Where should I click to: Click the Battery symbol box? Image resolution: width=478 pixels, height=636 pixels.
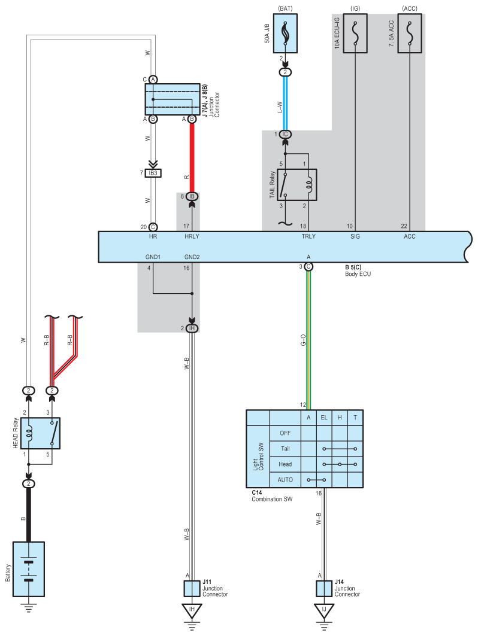28,569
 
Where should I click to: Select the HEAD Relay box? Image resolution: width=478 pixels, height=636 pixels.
40,433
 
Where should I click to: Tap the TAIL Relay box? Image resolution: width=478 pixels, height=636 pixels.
297,184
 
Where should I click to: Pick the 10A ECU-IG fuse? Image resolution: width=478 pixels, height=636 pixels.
355,34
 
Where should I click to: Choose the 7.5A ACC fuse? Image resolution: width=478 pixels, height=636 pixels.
410,34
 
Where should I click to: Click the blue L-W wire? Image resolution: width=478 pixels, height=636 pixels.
285,102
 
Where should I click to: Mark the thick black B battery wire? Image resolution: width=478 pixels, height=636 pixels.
28,515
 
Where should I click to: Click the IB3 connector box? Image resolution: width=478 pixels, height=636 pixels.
153,174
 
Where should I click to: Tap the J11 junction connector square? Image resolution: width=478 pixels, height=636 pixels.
192,589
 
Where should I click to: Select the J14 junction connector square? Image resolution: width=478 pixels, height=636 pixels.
323,589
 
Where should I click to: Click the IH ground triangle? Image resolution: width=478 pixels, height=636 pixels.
192,611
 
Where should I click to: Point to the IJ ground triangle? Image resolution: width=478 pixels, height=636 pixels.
323,611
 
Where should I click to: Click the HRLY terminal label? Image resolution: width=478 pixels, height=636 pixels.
192,236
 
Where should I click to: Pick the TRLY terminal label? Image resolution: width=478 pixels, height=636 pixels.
308,236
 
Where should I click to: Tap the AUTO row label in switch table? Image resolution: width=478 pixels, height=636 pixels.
286,480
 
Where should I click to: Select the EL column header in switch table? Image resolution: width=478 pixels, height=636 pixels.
324,418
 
